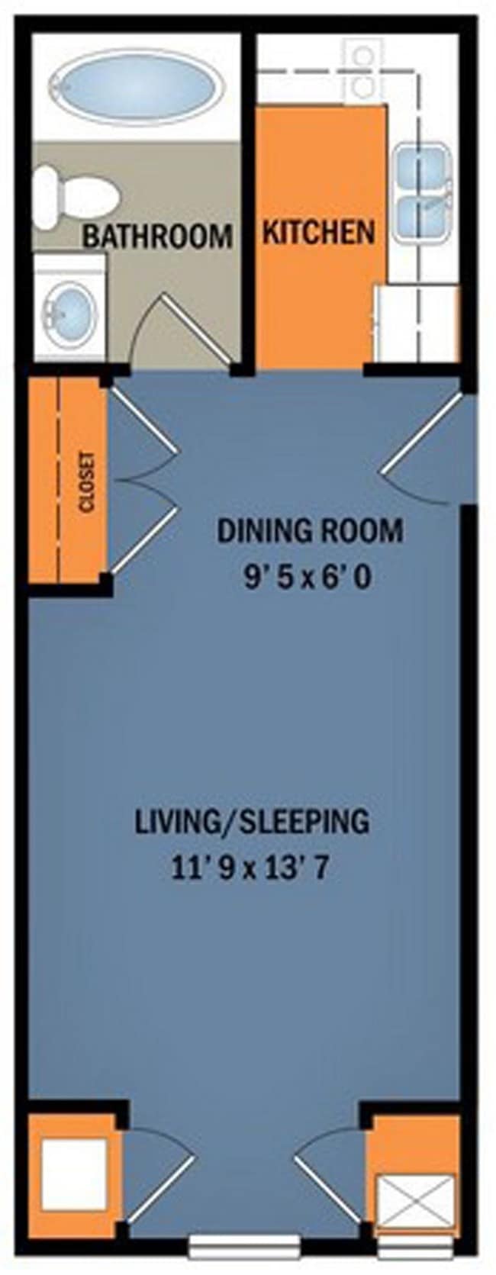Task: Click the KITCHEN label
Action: pos(319,232)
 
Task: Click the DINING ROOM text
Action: pos(310,530)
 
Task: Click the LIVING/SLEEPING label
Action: pos(252,822)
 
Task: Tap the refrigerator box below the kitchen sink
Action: pos(416,323)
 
